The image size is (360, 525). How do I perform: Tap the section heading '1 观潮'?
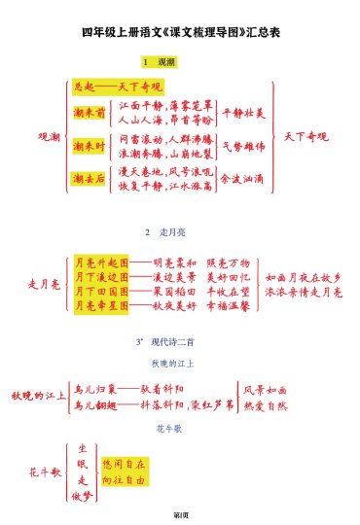pos(180,62)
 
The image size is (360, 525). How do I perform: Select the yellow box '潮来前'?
pos(90,113)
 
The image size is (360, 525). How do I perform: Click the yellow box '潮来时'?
pos(90,146)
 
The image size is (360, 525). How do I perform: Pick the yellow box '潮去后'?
pos(90,178)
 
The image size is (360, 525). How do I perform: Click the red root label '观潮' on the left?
pos(49,136)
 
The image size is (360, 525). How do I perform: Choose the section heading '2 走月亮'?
pos(180,233)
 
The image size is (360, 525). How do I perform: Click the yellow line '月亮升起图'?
pos(101,262)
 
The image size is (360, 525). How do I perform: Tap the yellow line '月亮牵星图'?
pos(101,304)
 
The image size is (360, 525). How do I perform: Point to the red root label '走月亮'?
pos(46,284)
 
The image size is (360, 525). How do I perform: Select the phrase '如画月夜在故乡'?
pos(303,277)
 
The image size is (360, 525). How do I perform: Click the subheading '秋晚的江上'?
pos(180,363)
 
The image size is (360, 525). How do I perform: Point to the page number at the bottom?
pos(180,512)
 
